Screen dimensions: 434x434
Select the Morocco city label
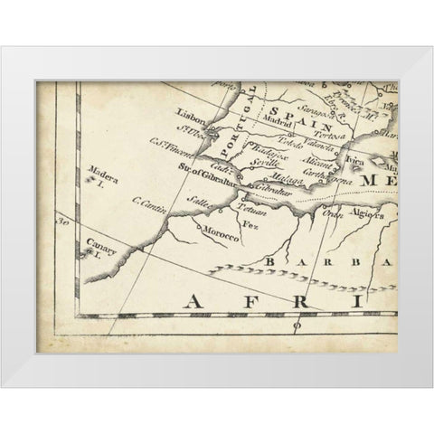point(221,238)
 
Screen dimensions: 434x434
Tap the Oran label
point(333,215)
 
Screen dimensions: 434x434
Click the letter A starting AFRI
point(193,300)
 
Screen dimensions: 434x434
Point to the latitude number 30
point(62,220)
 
